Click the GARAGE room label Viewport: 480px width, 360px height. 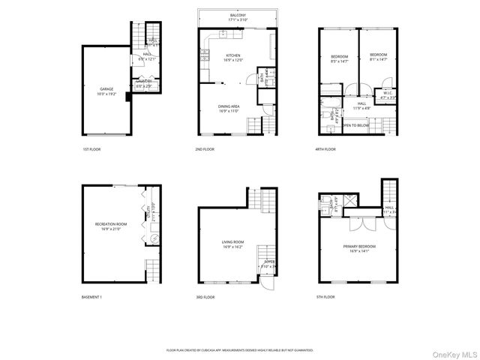point(106,89)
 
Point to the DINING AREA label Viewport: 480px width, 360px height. point(229,107)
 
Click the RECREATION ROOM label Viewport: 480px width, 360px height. point(110,225)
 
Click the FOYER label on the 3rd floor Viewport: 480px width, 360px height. point(269,262)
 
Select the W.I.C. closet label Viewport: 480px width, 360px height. point(388,94)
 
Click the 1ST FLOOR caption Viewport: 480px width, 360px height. point(91,149)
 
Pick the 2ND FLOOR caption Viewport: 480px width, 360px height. point(205,149)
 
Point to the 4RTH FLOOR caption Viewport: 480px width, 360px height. point(325,149)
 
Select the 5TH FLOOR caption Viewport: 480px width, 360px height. point(325,298)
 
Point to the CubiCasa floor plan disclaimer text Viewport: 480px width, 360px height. point(240,349)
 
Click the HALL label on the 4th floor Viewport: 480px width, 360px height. point(362,104)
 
